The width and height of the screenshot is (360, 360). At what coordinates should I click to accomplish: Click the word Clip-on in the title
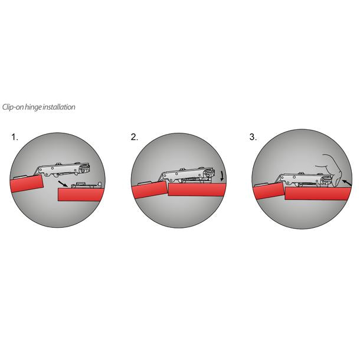pyautogui.click(x=14, y=107)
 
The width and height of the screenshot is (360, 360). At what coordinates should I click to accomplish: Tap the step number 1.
pyautogui.click(x=15, y=137)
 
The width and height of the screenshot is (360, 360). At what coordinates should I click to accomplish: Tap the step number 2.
pyautogui.click(x=135, y=137)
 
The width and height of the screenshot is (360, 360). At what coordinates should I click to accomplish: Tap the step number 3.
pyautogui.click(x=253, y=137)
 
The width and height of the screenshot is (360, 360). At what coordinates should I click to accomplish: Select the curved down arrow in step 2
pyautogui.click(x=221, y=176)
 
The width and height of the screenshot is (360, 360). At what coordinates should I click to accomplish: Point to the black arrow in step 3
pyautogui.click(x=346, y=184)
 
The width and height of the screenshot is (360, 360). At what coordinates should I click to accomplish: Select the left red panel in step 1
pyautogui.click(x=27, y=184)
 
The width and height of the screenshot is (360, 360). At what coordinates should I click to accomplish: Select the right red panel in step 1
pyautogui.click(x=83, y=194)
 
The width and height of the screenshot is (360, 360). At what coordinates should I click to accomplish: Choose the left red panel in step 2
pyautogui.click(x=148, y=190)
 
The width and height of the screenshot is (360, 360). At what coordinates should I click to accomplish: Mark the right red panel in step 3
pyautogui.click(x=316, y=194)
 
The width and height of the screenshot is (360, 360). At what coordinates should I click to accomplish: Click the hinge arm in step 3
pyautogui.click(x=301, y=178)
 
